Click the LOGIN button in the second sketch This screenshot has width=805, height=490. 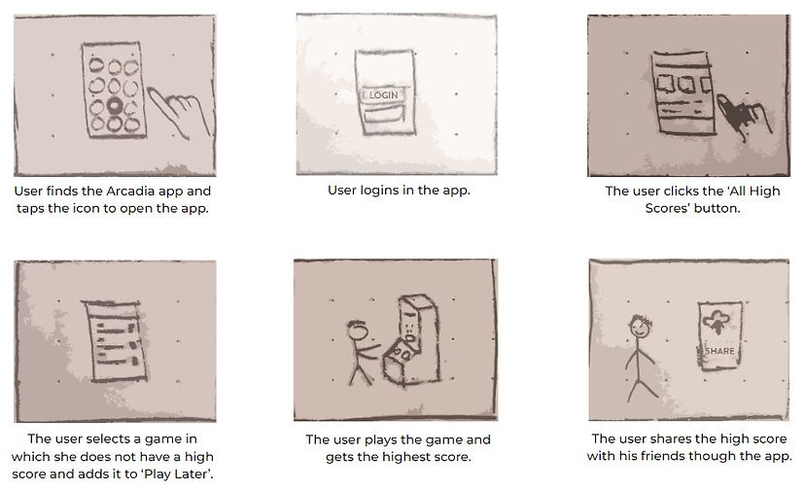(x=382, y=97)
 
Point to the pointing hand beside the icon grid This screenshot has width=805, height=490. (x=180, y=110)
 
